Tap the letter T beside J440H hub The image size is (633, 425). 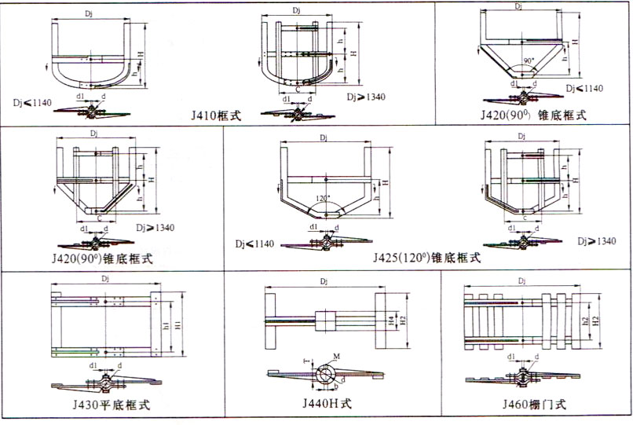click(x=305, y=361)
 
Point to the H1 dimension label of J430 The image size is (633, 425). click(x=179, y=325)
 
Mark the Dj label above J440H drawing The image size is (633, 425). click(x=326, y=280)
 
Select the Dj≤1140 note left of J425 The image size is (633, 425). click(x=254, y=244)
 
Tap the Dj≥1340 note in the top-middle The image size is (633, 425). click(x=367, y=98)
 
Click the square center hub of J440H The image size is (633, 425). click(x=325, y=320)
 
